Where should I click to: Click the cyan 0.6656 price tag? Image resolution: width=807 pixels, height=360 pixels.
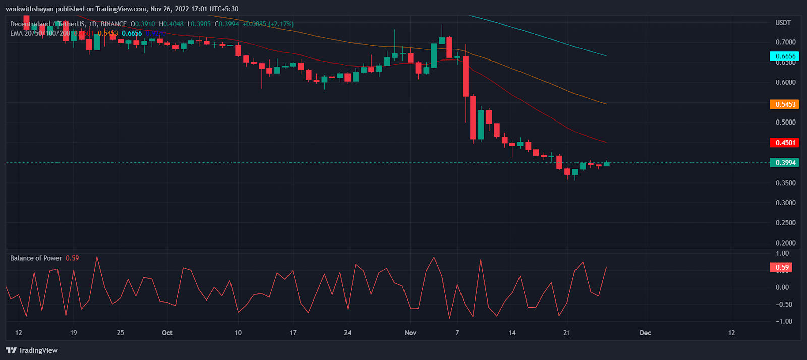785,56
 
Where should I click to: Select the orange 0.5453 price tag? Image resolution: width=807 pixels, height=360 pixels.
785,104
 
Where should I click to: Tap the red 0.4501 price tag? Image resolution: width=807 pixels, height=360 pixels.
785,143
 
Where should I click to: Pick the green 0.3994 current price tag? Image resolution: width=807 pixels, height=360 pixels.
785,163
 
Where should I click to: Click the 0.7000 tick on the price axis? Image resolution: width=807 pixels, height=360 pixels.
785,42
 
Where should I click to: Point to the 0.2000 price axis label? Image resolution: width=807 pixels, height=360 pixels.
785,243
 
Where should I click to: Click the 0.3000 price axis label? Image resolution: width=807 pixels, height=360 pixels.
785,203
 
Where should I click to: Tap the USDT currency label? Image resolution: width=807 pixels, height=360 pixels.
783,23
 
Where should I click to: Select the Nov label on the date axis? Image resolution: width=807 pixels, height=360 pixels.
411,333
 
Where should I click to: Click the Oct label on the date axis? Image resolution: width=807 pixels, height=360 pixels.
167,333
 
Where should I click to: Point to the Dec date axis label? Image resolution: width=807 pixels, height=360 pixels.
645,333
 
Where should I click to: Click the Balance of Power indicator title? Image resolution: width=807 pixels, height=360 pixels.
36,258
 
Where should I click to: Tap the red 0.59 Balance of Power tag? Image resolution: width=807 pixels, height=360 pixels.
781,267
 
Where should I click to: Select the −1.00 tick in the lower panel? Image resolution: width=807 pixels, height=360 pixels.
782,321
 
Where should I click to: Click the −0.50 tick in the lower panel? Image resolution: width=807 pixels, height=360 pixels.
782,304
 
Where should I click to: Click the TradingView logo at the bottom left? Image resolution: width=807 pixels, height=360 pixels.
32,350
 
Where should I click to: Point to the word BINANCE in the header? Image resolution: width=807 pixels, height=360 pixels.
113,24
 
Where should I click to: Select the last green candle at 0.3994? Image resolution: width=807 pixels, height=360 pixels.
606,164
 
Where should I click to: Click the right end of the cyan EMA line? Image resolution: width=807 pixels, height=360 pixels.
605,55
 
